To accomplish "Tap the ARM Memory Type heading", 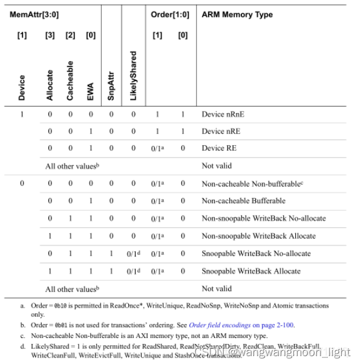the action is pos(237,15).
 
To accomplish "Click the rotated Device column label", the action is pos(22,87).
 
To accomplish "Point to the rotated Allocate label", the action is pos(50,85).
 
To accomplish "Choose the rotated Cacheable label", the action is pos(70,81).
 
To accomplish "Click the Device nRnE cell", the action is pos(223,114).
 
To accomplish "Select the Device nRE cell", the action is pos(221,131).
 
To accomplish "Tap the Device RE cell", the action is pos(218,148).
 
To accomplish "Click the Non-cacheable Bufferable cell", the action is pos(243,200).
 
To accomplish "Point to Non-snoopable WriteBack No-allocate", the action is pos(263,218).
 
